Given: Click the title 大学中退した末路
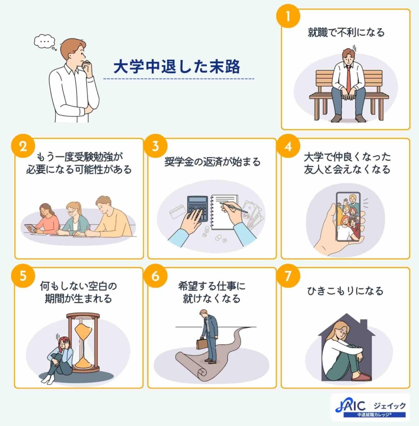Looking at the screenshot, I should coord(177,67).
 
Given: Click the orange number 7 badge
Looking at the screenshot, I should coord(288,277).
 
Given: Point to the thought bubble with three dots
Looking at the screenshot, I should coord(45,42).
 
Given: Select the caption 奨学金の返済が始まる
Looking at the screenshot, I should coord(212,161).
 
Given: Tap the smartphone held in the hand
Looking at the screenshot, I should coord(348,216).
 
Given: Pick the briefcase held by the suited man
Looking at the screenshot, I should coord(202,344).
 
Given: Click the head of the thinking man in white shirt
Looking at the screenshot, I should coord(74,50).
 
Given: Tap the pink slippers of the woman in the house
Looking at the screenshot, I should coord(361,377).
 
